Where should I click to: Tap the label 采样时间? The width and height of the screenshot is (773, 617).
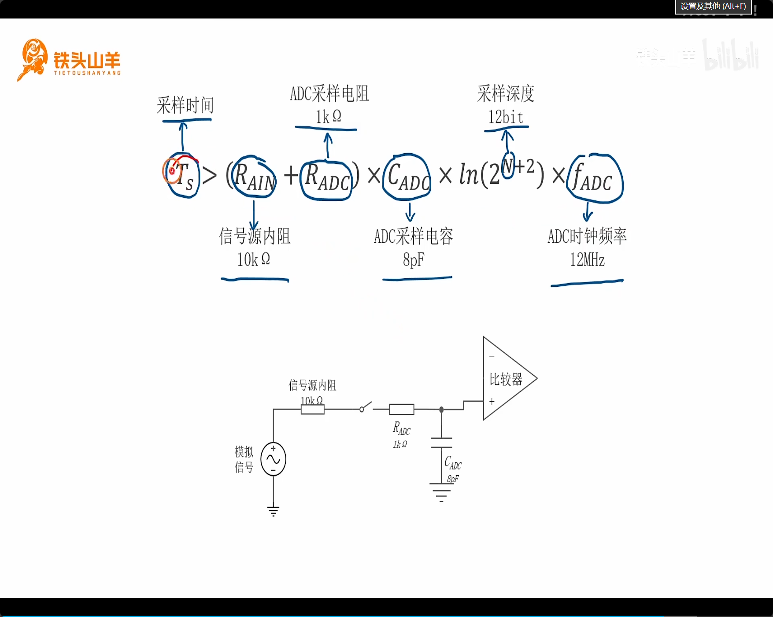coord(185,105)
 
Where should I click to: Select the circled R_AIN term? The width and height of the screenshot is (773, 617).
coord(254,177)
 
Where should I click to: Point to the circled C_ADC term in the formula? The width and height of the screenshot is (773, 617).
coord(407,177)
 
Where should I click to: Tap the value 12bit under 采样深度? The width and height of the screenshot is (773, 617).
coord(506,117)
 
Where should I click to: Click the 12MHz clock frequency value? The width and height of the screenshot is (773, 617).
coord(587,260)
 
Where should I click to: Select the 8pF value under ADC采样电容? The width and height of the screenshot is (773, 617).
coord(414,260)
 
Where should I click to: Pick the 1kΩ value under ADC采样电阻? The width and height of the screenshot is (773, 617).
coord(328,117)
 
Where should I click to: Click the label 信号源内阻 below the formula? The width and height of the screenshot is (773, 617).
coord(255,236)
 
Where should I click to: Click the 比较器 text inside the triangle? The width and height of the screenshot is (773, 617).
coord(506,379)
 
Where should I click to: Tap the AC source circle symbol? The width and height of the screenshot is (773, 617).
coord(273,459)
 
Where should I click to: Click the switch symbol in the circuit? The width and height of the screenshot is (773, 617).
coord(366,406)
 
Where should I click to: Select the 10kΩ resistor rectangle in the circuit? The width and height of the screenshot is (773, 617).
coord(312,410)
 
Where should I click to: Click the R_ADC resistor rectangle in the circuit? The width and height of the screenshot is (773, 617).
coord(401,410)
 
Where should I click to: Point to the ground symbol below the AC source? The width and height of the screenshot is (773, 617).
coord(273,511)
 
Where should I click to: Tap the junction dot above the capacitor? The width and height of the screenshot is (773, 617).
coord(441,410)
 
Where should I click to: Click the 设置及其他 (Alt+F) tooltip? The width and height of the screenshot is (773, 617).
coord(713,6)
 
